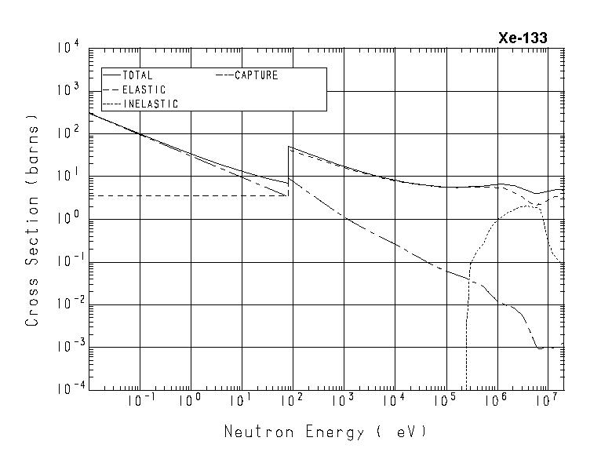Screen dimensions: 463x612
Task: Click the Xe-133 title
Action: (x=523, y=38)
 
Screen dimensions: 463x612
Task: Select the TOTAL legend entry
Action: (x=137, y=76)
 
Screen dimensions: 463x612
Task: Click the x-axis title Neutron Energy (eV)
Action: (x=326, y=432)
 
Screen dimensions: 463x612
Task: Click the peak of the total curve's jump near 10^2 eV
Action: (x=290, y=147)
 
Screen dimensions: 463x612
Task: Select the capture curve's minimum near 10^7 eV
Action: (x=540, y=348)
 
